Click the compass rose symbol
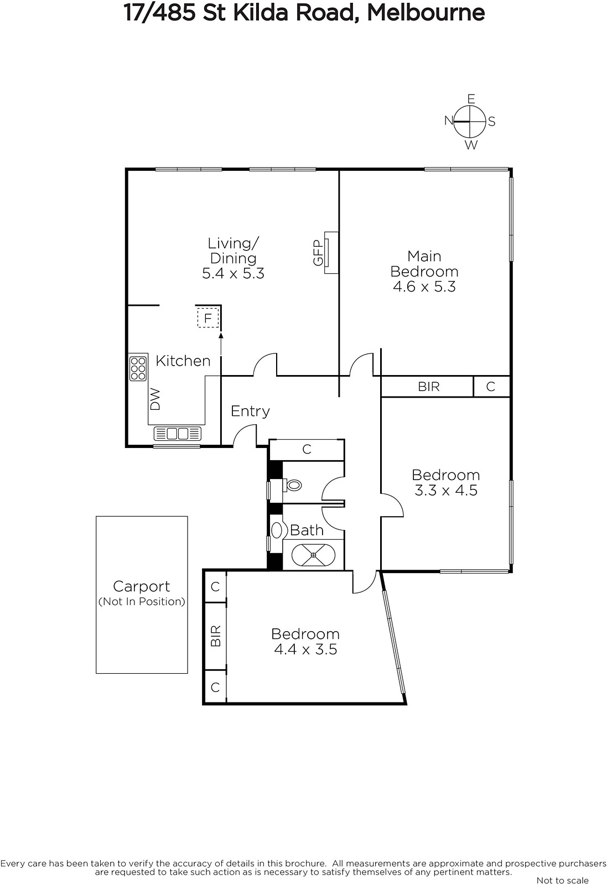click(469, 121)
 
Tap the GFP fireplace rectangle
click(331, 252)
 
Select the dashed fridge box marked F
click(208, 317)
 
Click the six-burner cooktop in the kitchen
click(138, 368)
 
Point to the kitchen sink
click(178, 434)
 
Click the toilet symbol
click(292, 485)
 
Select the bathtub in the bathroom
click(313, 555)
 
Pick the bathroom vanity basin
click(277, 530)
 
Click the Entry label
click(250, 412)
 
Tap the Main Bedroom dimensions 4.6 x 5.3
click(424, 287)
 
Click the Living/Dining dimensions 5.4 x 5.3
click(233, 273)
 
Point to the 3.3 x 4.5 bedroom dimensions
click(446, 490)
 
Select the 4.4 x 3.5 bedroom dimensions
click(305, 649)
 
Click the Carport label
click(142, 586)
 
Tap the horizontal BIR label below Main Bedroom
click(429, 387)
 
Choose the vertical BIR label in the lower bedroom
click(215, 636)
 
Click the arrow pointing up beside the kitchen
click(221, 344)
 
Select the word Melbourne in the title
click(426, 13)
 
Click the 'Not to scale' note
click(562, 880)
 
